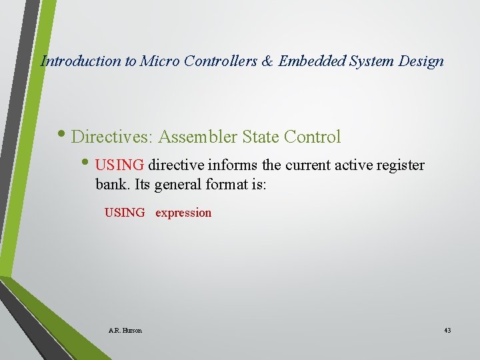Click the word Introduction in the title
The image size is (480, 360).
tap(81, 61)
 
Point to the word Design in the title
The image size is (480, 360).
tap(421, 61)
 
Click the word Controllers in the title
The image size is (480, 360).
tap(217, 61)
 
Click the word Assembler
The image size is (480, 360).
tap(197, 137)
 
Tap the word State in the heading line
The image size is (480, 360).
tap(261, 137)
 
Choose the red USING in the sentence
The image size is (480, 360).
tap(120, 165)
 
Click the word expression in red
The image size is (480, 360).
tap(183, 213)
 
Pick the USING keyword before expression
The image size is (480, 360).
tap(125, 213)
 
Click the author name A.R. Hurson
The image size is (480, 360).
tap(125, 330)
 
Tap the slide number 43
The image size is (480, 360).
tap(447, 330)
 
